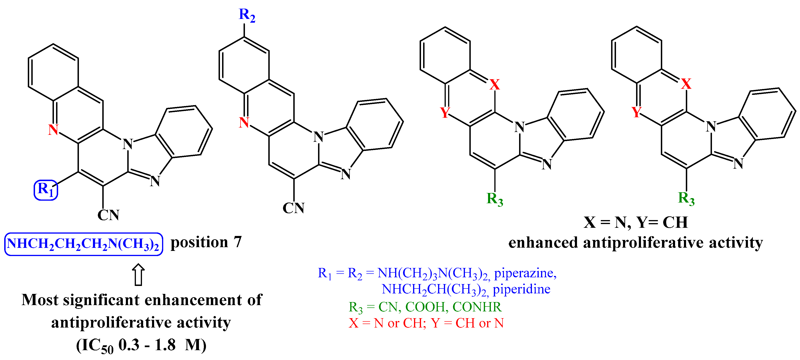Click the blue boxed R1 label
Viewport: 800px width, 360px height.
pyautogui.click(x=46, y=190)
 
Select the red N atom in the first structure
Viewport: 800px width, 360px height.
pyautogui.click(x=53, y=129)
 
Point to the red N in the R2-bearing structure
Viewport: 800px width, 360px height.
pyautogui.click(x=244, y=122)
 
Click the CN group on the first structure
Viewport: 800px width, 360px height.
pyautogui.click(x=108, y=215)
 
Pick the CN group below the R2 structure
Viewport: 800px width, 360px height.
pyautogui.click(x=294, y=208)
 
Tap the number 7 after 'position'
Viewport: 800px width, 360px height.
pyautogui.click(x=237, y=242)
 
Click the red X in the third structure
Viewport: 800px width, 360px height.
pyautogui.click(x=495, y=85)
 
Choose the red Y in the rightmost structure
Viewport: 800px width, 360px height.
pyautogui.click(x=636, y=112)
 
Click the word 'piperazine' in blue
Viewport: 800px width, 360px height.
pyautogui.click(x=525, y=273)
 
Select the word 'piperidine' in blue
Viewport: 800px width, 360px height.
pyautogui.click(x=521, y=289)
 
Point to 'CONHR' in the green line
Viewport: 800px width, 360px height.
pyautogui.click(x=477, y=307)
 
